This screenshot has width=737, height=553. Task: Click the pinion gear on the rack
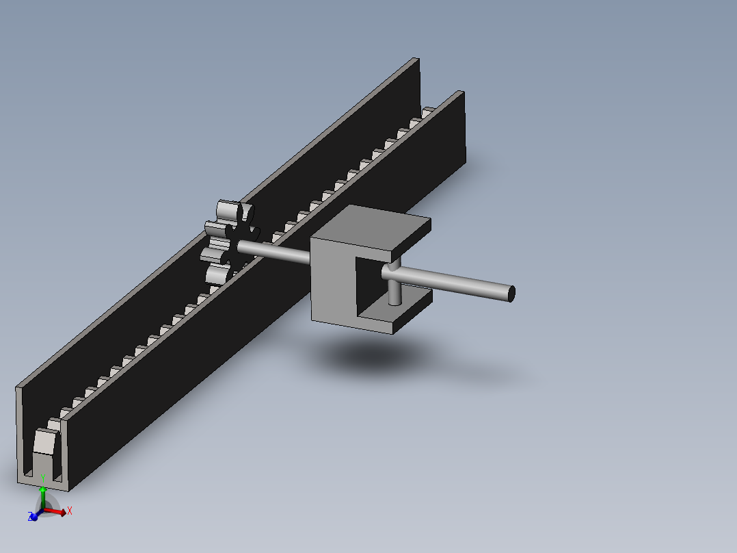(x=230, y=243)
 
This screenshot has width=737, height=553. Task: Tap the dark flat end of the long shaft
(x=512, y=294)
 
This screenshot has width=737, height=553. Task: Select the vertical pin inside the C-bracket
(x=395, y=283)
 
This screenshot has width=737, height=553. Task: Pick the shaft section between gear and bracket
(x=273, y=252)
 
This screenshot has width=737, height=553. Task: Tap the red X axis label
(x=70, y=511)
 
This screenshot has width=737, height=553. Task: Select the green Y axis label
(x=43, y=478)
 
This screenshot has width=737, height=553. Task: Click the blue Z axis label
(x=30, y=517)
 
